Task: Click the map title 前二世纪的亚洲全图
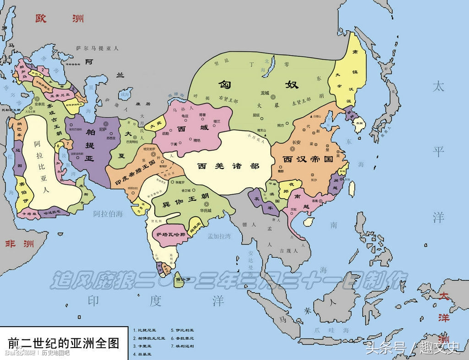(x=64, y=343)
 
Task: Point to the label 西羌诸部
(x=228, y=166)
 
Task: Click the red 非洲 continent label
(x=19, y=243)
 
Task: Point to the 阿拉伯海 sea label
(x=108, y=213)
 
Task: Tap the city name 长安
(x=296, y=142)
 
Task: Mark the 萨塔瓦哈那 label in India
(x=171, y=235)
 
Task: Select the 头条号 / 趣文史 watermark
(x=412, y=348)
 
